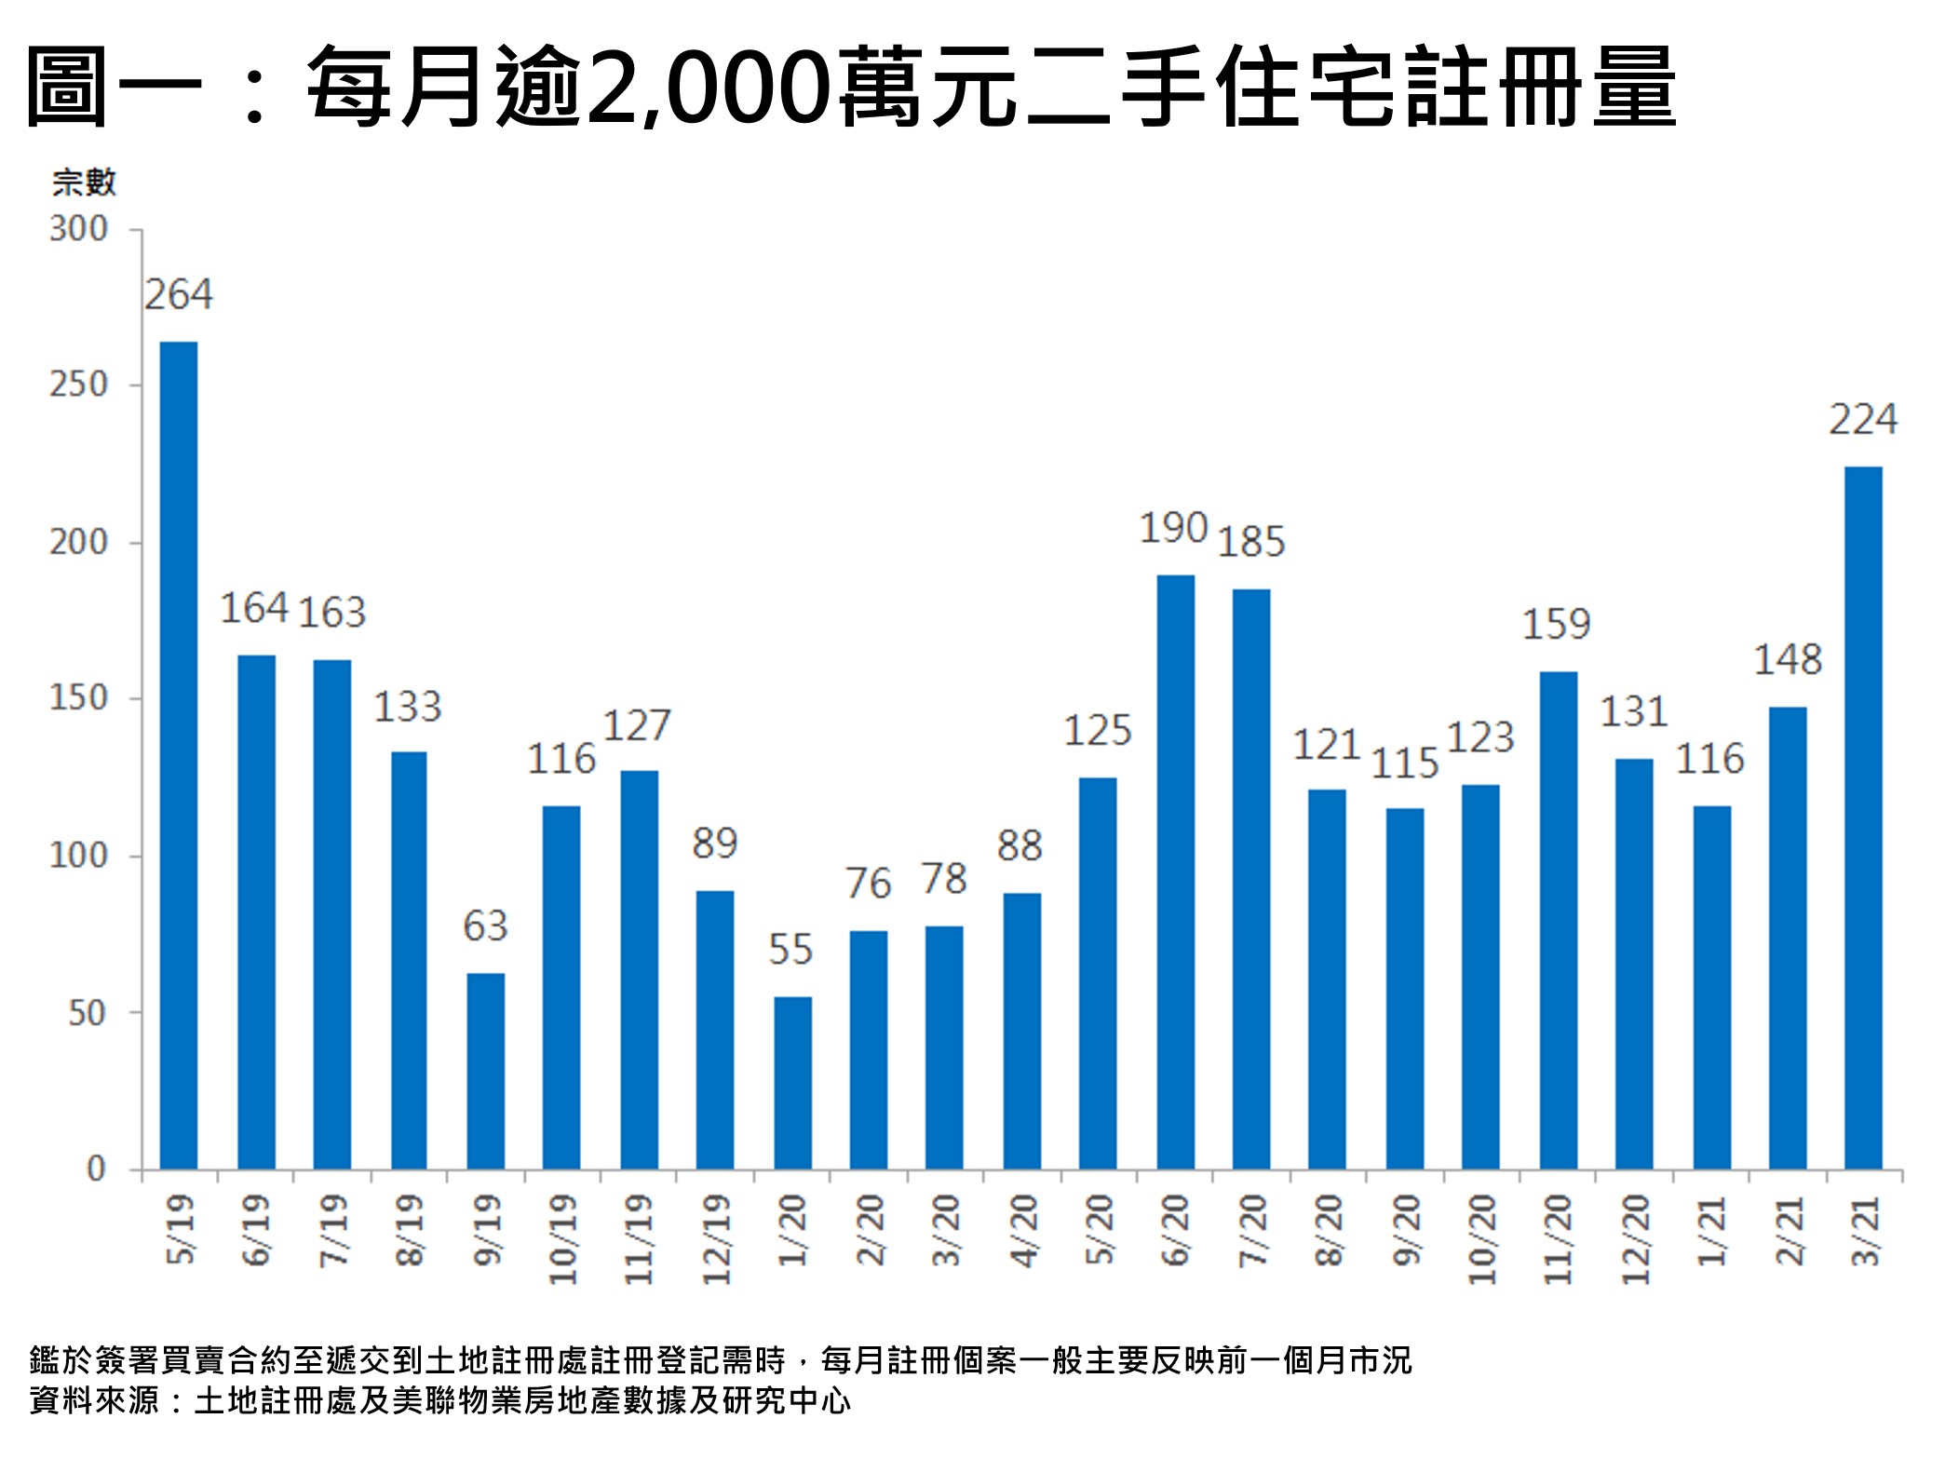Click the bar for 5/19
click(179, 754)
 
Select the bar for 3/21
click(1863, 817)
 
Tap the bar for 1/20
click(792, 1082)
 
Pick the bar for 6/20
click(1175, 871)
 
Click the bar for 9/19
click(485, 1071)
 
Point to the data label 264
click(179, 295)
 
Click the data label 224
click(1863, 420)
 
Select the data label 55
click(790, 950)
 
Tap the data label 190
click(1173, 529)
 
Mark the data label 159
click(1556, 625)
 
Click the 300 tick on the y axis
click(79, 229)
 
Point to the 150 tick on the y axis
click(79, 698)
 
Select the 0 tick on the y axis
click(96, 1169)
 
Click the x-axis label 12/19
click(715, 1238)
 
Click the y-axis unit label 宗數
click(84, 182)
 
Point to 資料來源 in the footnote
click(94, 1399)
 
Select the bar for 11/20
click(1558, 920)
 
